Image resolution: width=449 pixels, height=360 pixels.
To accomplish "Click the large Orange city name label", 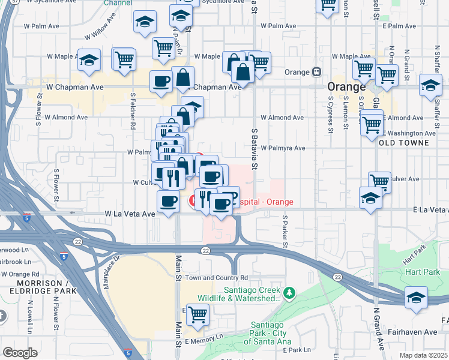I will pos(347,87).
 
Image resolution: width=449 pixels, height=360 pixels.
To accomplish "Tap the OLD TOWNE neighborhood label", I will pos(404,143).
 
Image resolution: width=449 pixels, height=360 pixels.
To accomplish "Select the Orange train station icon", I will pos(316,72).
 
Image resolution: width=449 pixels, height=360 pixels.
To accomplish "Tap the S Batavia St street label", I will pos(254,148).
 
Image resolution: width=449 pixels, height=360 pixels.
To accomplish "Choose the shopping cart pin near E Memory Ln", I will pos(197,314).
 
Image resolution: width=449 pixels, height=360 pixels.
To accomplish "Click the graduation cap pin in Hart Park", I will pos(416,298).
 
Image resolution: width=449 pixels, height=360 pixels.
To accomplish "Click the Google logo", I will pos(20,352).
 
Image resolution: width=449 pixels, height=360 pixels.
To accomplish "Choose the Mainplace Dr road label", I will pos(110,272).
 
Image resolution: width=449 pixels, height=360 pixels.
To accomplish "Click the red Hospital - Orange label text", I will pos(266,202).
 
